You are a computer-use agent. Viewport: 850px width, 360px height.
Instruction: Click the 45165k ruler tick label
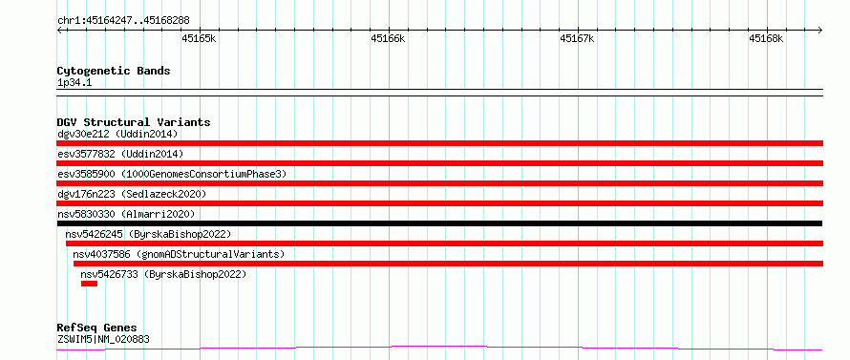coord(199,38)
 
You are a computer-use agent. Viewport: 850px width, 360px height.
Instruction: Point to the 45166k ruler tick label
coord(388,38)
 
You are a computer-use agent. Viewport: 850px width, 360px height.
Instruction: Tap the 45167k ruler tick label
coord(577,38)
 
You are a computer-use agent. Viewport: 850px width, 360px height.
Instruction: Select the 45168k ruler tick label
coord(766,38)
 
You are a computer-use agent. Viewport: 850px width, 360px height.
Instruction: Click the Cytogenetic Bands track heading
coord(114,71)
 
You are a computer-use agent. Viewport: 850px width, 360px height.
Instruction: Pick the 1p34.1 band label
coord(74,83)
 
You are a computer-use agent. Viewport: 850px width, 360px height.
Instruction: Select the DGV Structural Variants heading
coord(134,122)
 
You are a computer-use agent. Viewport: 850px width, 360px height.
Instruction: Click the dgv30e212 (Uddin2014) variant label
coord(117,134)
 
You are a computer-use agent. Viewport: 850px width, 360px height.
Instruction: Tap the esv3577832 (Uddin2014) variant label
coord(120,154)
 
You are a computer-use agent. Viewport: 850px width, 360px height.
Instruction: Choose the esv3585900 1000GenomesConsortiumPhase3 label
coord(172,174)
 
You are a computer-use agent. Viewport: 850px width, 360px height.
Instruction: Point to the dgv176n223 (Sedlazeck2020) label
coord(132,194)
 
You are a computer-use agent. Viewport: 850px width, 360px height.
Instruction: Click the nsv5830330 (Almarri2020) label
coord(126,214)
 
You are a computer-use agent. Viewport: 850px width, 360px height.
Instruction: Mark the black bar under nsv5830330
coord(439,223)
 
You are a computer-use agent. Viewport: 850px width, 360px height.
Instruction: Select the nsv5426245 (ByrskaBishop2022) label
coord(148,234)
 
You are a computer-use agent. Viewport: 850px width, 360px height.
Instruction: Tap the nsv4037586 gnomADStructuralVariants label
coord(179,254)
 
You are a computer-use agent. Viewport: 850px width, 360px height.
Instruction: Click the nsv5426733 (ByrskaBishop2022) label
coord(163,274)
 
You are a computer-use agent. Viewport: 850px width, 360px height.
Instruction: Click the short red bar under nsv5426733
coord(89,284)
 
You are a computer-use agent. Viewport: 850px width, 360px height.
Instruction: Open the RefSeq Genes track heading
coord(97,328)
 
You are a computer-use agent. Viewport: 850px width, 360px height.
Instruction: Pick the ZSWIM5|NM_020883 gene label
coord(103,339)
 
